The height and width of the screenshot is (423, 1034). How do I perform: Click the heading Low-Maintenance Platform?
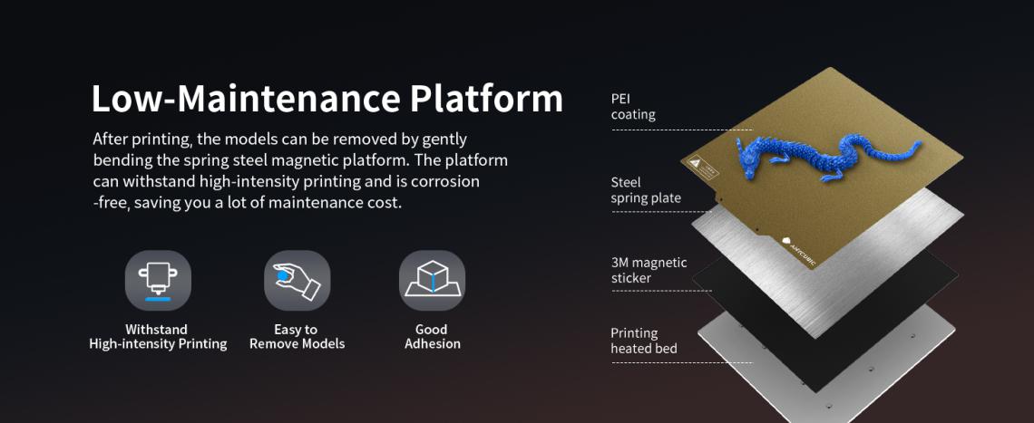(327, 99)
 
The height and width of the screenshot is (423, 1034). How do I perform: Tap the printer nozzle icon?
(158, 281)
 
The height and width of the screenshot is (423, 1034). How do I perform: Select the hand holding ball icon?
(297, 281)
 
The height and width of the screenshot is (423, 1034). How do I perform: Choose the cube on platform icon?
(432, 281)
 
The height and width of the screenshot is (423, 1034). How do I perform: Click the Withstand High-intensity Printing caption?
(158, 337)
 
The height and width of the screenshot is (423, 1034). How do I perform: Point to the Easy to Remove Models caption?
(297, 337)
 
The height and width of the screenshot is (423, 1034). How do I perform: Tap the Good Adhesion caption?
(432, 337)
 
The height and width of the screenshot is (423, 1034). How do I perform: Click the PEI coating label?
(633, 107)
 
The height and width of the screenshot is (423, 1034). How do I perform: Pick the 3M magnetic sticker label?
(649, 270)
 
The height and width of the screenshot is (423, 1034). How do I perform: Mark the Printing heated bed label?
(644, 341)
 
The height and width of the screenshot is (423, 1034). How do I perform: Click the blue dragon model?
(828, 156)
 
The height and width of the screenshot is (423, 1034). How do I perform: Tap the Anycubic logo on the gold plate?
(799, 250)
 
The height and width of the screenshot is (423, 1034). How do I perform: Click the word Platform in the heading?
(487, 99)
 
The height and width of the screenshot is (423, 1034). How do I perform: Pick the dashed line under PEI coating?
(682, 130)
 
